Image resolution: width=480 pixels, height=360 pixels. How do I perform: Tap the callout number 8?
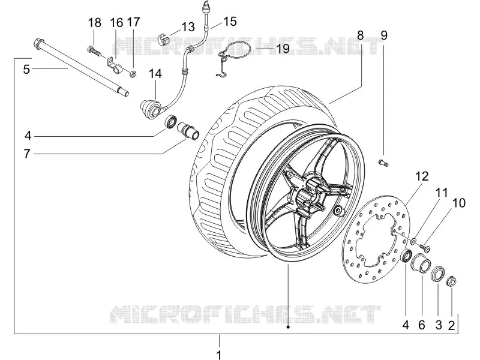click(x=361, y=35)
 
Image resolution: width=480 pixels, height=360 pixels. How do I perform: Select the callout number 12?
click(x=422, y=176)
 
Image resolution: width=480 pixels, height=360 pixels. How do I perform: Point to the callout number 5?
click(x=26, y=70)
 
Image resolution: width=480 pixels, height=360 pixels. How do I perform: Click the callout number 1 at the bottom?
click(x=219, y=355)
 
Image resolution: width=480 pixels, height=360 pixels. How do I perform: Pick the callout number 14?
click(x=155, y=74)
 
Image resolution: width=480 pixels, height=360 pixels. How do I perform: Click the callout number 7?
click(x=27, y=154)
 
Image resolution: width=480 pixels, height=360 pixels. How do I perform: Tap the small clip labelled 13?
click(x=164, y=40)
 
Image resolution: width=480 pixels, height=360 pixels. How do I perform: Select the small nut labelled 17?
click(x=133, y=74)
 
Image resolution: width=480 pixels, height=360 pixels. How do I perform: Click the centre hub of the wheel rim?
click(x=310, y=196)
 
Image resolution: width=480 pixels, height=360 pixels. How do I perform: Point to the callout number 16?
click(x=116, y=23)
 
